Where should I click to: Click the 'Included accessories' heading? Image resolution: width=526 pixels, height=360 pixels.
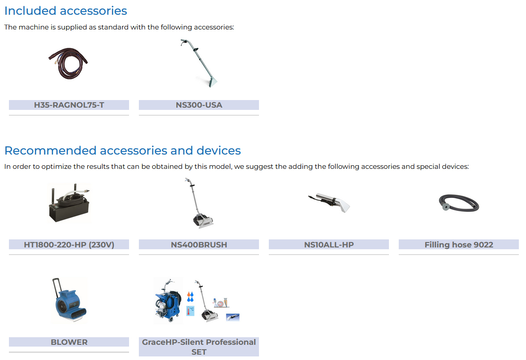[66, 11]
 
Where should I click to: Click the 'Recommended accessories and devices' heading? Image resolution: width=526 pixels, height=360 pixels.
[122, 151]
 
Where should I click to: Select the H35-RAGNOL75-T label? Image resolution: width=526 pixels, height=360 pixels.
[69, 105]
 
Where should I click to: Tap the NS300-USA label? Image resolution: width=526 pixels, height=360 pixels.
[199, 105]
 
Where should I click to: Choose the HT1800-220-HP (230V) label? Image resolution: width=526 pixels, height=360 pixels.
[69, 245]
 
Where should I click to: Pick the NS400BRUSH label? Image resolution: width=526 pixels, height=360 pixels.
[199, 245]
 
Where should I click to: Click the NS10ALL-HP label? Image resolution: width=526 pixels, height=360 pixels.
[329, 245]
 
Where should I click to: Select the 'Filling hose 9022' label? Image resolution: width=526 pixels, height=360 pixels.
[459, 245]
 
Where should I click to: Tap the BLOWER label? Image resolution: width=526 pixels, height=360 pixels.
[69, 342]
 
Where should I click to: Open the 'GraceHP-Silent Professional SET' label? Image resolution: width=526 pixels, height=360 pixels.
[199, 347]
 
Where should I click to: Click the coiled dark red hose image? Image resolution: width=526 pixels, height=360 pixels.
[68, 63]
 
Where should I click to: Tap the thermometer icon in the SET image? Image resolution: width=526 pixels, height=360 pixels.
[190, 311]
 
